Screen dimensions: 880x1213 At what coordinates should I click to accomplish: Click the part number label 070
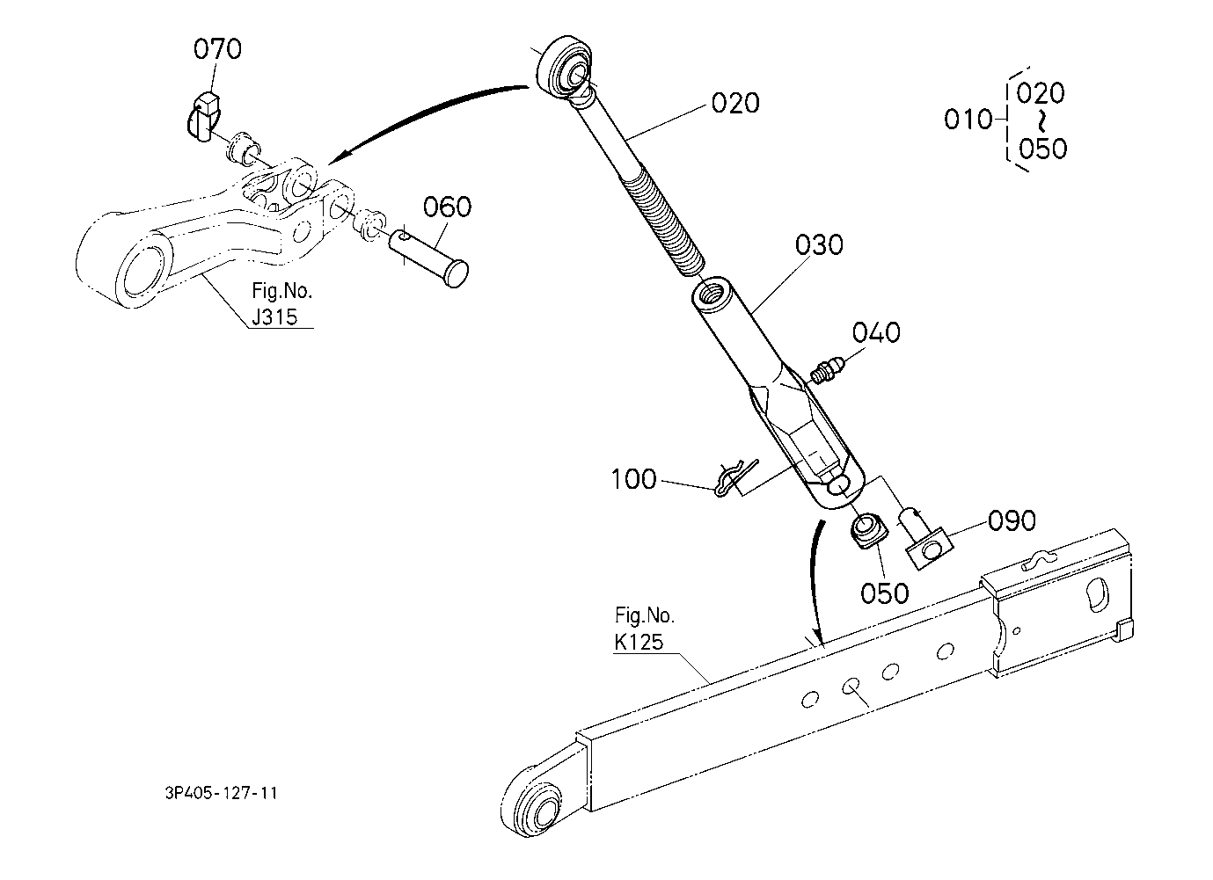click(216, 49)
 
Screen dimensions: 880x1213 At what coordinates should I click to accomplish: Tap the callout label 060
click(447, 207)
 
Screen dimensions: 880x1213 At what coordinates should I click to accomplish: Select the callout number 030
click(819, 244)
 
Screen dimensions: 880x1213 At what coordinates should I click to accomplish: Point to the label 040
click(876, 333)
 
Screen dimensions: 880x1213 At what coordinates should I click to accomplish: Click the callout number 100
click(634, 480)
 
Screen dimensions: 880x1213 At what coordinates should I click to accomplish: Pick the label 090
click(1012, 521)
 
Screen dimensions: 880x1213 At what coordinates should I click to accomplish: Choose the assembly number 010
click(968, 120)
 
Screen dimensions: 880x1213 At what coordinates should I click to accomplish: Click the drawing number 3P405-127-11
click(221, 793)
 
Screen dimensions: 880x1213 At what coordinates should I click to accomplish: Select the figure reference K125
click(639, 643)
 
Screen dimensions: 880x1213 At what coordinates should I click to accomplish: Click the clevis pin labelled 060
click(427, 256)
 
